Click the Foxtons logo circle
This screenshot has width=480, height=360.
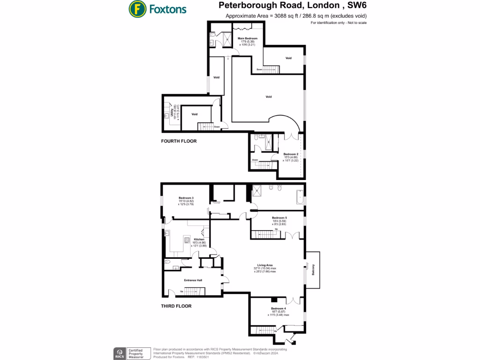(137, 8)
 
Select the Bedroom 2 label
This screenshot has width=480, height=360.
(291, 154)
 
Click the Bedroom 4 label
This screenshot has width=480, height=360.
(278, 308)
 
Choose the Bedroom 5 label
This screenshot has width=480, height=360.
(279, 217)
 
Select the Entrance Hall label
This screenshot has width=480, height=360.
(193, 280)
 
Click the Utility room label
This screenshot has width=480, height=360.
(172, 113)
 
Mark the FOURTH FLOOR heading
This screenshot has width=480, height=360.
(179, 141)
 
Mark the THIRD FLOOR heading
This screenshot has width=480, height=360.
(176, 306)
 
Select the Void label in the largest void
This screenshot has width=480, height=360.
(269, 97)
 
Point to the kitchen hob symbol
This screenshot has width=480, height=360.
(187, 241)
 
